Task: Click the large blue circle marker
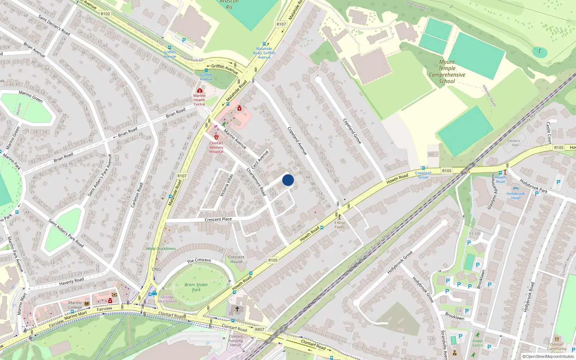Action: (288, 180)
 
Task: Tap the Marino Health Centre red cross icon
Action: (199, 90)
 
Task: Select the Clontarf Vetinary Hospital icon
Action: (216, 137)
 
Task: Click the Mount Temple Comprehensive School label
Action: (447, 72)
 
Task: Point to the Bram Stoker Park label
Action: (196, 287)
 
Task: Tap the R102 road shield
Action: (105, 14)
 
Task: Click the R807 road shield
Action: (260, 329)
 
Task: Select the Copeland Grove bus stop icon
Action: (423, 168)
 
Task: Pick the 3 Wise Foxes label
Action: (339, 225)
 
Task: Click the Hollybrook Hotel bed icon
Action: (516, 188)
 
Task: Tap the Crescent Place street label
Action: (218, 219)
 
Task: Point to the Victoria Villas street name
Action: (227, 185)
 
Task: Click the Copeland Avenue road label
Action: (297, 141)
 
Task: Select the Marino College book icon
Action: (87, 304)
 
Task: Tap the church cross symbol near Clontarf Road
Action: (237, 309)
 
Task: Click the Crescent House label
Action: (236, 259)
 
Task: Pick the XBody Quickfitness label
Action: (161, 248)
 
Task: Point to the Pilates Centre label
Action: (478, 343)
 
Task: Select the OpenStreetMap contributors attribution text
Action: (548, 356)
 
